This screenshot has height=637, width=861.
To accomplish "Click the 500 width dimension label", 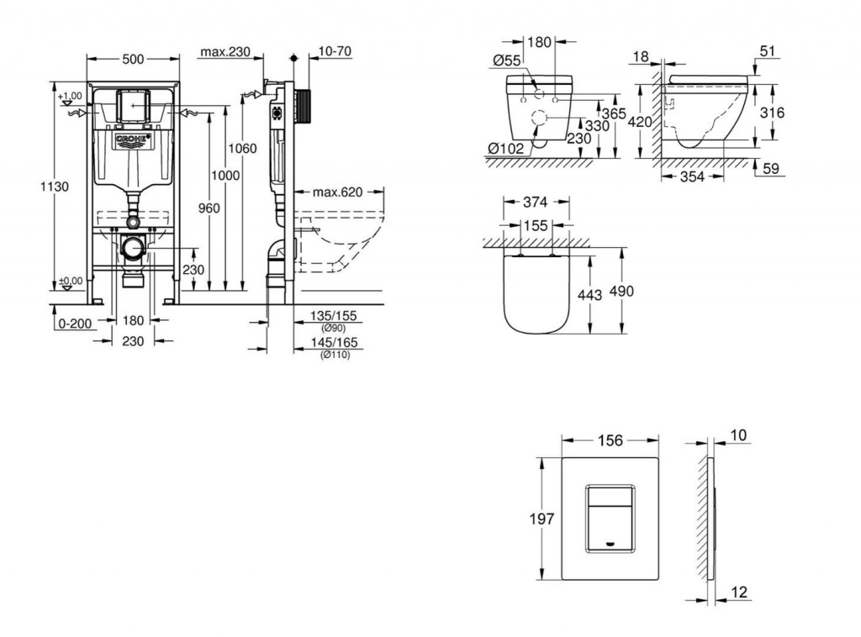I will click(133, 58).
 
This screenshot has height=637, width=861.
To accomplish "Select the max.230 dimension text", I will click(225, 52).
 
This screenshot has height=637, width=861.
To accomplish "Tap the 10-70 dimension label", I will click(335, 51).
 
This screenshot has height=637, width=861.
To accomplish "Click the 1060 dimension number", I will click(243, 149).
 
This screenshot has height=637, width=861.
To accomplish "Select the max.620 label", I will click(337, 192).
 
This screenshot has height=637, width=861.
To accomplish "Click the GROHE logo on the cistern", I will click(132, 138).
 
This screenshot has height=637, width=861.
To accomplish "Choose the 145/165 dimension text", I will click(334, 343).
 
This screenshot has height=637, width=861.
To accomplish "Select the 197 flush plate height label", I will click(541, 519).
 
